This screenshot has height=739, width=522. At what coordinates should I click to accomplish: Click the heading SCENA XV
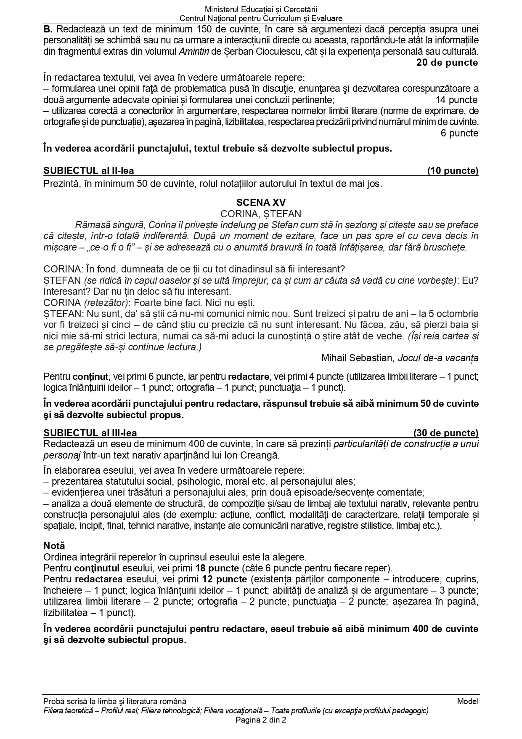pos(261,203)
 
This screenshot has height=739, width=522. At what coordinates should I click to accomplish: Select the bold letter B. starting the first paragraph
pos(48,29)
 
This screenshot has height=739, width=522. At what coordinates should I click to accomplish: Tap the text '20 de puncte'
pos(447,63)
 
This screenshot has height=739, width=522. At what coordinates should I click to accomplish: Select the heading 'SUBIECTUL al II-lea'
pos(89,171)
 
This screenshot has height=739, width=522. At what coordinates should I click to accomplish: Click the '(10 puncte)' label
pos(453,171)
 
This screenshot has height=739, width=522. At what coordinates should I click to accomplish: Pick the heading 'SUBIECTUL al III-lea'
pos(90,433)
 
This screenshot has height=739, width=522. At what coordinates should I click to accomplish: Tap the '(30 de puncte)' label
pos(446,433)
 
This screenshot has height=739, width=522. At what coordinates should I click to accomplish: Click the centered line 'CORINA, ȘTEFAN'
pos(261,214)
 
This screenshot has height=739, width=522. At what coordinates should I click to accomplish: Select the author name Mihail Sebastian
pos(357,358)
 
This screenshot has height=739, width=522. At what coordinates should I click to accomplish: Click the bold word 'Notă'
pos(54,546)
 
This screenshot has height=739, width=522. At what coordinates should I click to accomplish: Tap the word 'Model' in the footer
pos(468,701)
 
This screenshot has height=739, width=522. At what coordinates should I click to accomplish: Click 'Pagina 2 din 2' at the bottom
pos(261,720)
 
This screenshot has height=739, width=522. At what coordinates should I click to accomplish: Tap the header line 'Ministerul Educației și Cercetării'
pos(261,9)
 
